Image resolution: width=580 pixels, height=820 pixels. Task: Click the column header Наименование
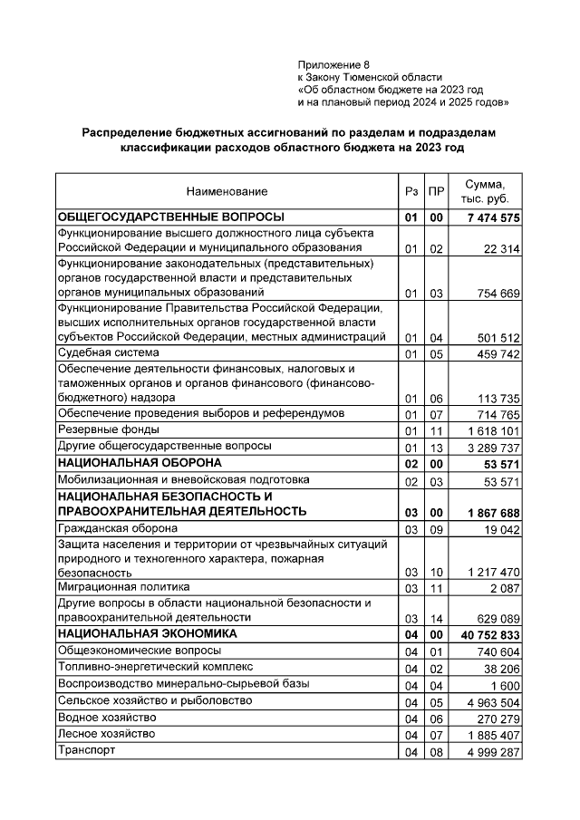227,192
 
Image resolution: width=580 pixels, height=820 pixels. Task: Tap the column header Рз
411,192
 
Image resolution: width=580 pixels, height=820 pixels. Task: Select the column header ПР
436,192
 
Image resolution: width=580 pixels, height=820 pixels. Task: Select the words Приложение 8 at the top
333,65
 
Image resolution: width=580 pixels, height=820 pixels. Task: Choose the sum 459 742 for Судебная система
493,353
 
